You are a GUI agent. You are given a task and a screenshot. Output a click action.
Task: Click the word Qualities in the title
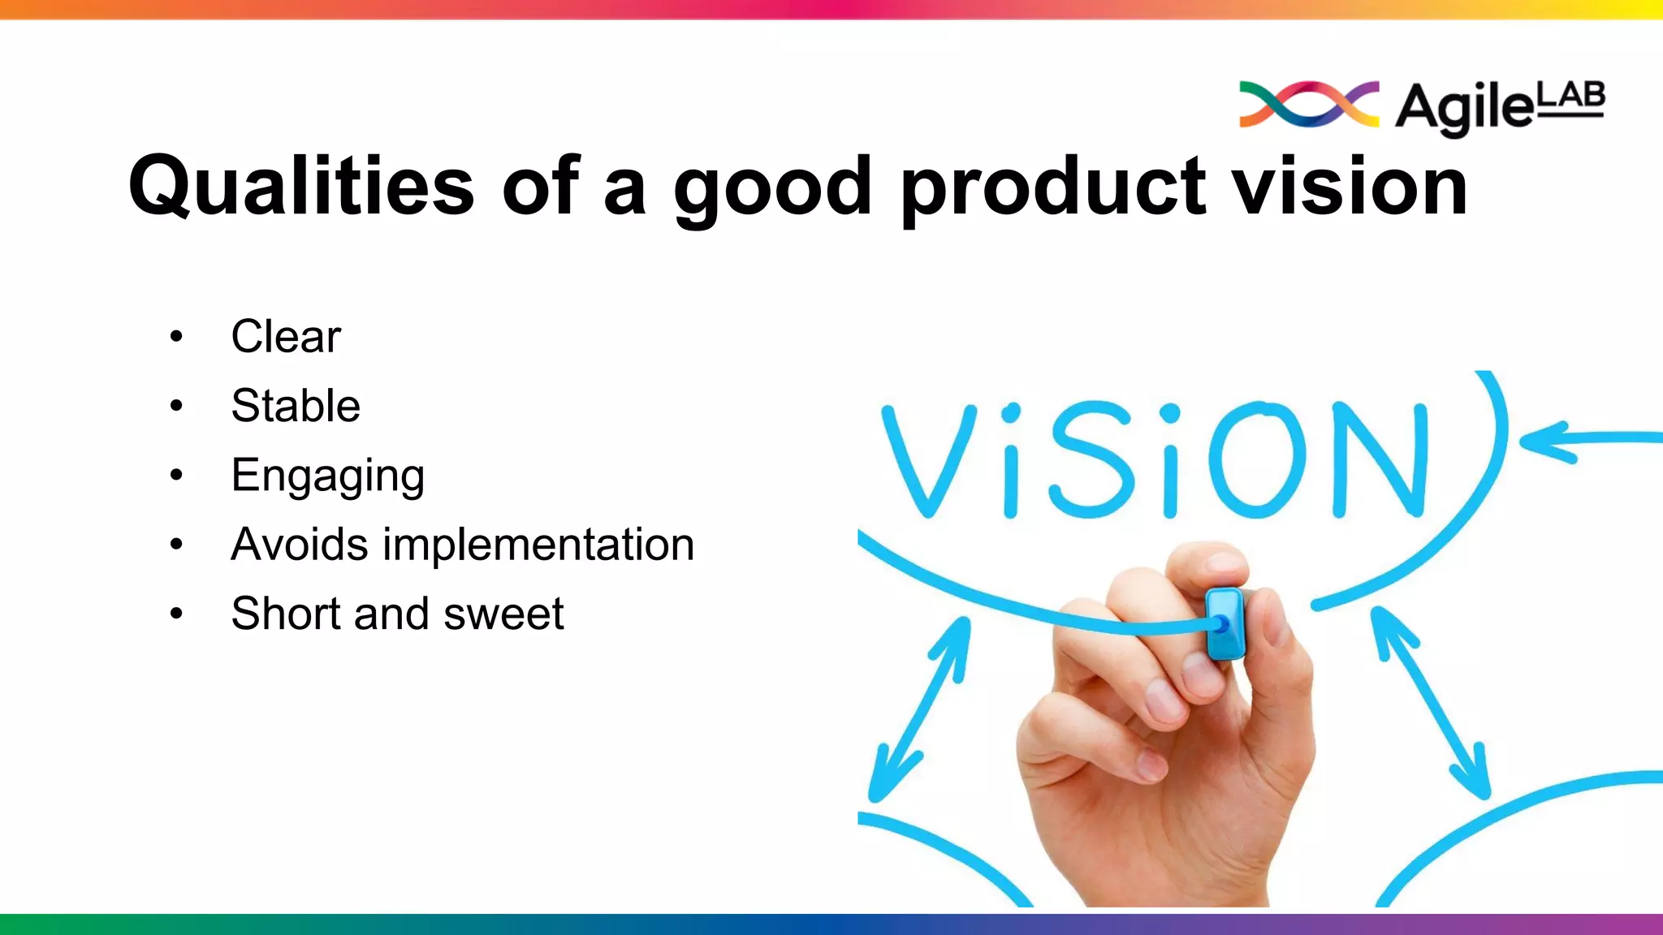[301, 187]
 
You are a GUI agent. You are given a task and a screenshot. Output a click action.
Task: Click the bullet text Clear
[286, 336]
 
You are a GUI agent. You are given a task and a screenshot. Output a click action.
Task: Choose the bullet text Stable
[296, 405]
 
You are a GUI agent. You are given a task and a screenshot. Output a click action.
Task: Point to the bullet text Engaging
[327, 476]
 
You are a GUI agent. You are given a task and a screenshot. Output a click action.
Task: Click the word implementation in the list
[538, 544]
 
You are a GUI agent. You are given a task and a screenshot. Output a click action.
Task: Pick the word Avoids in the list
[300, 544]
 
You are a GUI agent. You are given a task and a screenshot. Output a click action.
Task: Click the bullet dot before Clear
[176, 337]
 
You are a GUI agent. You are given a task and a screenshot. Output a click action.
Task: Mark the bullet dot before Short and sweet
[176, 614]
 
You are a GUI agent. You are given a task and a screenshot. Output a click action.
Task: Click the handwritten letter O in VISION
[1257, 459]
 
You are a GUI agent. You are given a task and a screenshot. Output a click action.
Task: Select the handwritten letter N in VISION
[1380, 459]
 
